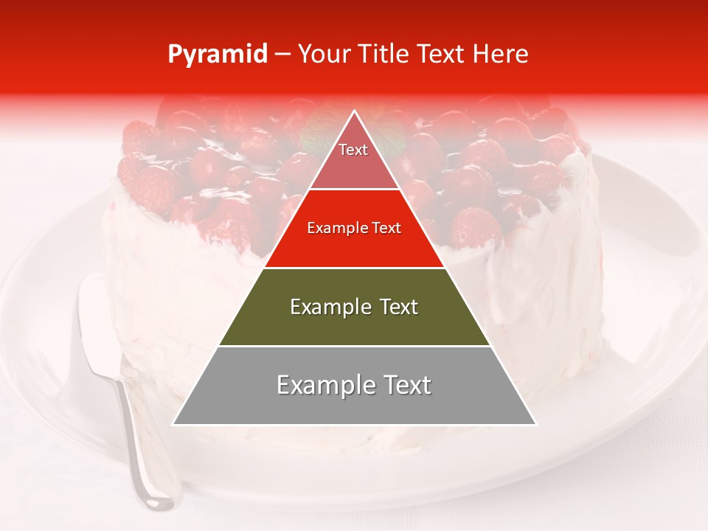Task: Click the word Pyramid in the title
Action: tap(218, 55)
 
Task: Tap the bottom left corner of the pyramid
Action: tap(173, 424)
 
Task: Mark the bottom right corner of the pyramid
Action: tap(536, 424)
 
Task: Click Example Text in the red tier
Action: tap(354, 228)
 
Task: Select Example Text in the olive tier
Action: tap(354, 306)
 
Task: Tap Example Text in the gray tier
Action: tap(354, 385)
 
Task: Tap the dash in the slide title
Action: tap(282, 55)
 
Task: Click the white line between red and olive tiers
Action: tap(354, 268)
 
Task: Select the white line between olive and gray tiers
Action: tap(354, 346)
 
